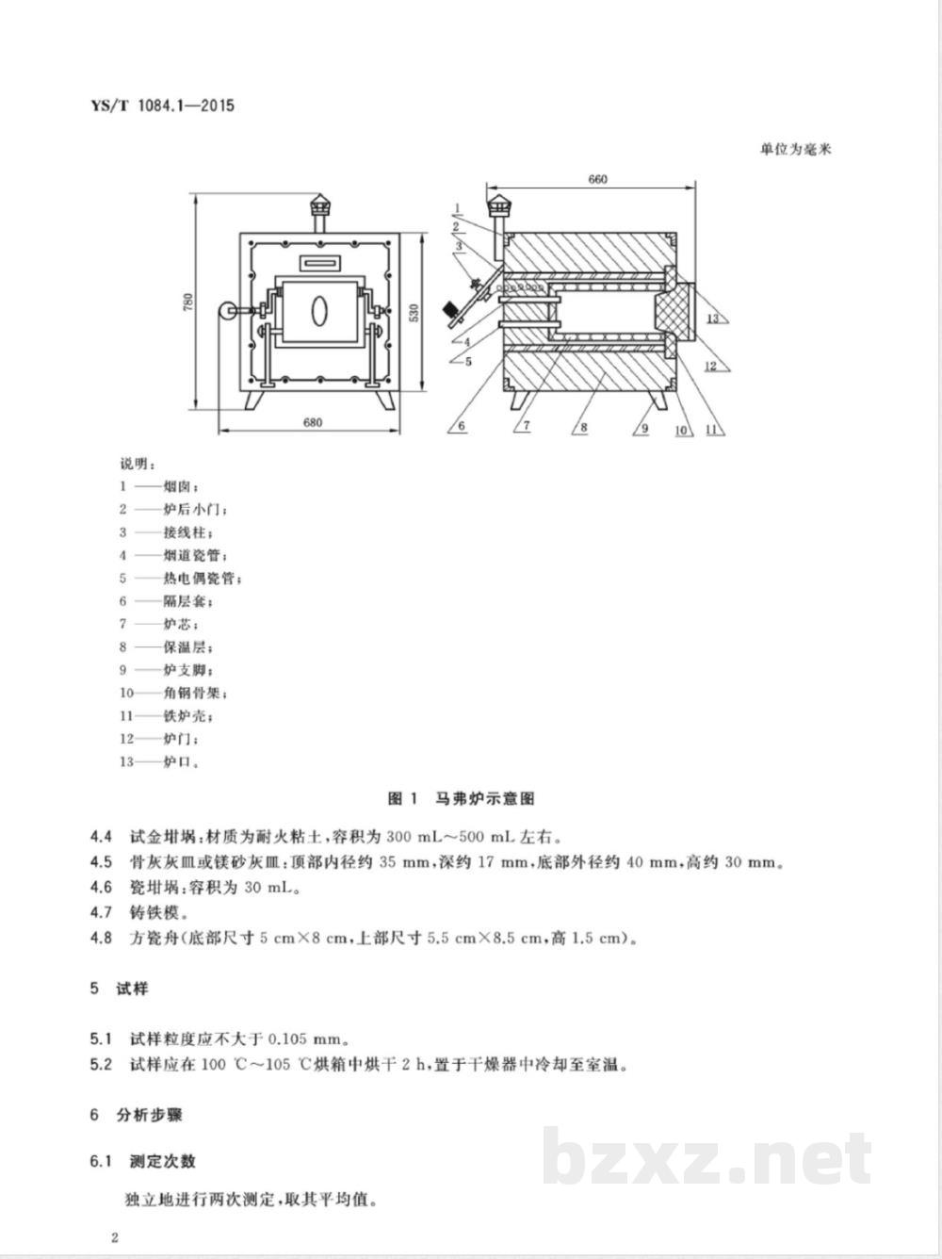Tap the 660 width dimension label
pos(597,179)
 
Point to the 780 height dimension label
pos(188,302)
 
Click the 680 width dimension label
pos(313,422)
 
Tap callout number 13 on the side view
pos(713,319)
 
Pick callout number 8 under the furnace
pos(584,427)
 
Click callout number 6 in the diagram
pos(462,426)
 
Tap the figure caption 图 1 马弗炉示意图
pos(462,798)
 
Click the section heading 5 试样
pos(120,989)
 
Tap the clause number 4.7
pos(101,912)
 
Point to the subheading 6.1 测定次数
pos(143,1161)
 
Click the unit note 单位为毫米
pos(796,149)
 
